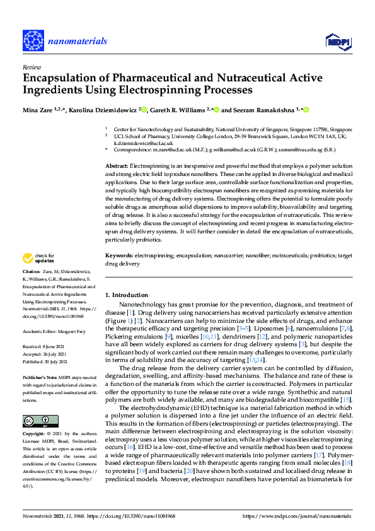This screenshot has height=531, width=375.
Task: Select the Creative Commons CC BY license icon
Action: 37,421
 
